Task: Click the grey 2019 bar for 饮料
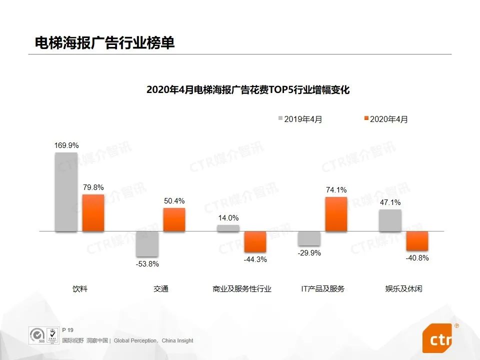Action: pyautogui.click(x=66, y=192)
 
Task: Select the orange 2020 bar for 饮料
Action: pyautogui.click(x=93, y=213)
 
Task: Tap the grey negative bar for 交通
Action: pyautogui.click(x=147, y=244)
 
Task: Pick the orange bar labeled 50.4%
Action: pyautogui.click(x=174, y=219)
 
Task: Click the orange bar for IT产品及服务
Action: pyautogui.click(x=336, y=214)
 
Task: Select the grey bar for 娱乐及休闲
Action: pyautogui.click(x=390, y=220)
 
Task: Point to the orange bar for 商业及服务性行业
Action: pyautogui.click(x=255, y=241)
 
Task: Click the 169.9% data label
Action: pyautogui.click(x=66, y=145)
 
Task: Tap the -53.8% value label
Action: pyautogui.click(x=147, y=264)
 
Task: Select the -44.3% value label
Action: pyautogui.click(x=255, y=259)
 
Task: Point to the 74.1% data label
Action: pyautogui.click(x=336, y=190)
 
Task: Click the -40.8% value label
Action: pyautogui.click(x=417, y=258)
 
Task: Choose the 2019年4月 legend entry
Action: pyautogui.click(x=300, y=119)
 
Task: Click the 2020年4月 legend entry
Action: pyautogui.click(x=385, y=119)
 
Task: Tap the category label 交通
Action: pyautogui.click(x=160, y=289)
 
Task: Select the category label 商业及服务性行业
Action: pyautogui.click(x=241, y=289)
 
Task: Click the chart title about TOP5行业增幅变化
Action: pyautogui.click(x=247, y=90)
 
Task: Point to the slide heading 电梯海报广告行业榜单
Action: pyautogui.click(x=104, y=43)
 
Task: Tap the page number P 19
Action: pyautogui.click(x=67, y=330)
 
